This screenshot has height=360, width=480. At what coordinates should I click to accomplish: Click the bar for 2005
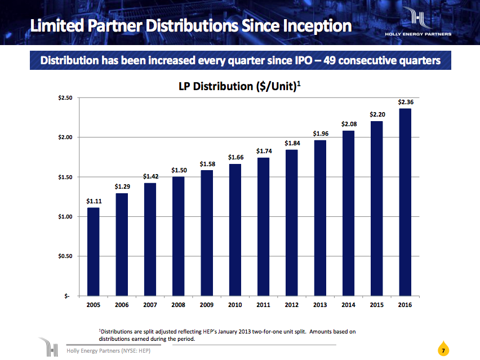(94, 252)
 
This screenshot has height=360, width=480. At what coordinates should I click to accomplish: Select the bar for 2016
(405, 202)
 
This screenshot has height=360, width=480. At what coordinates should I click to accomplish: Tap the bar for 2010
(235, 230)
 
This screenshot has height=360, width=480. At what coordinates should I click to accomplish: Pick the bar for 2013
(319, 218)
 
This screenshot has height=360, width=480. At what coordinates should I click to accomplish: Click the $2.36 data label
(406, 102)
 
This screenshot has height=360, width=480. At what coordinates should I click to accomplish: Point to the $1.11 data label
(94, 201)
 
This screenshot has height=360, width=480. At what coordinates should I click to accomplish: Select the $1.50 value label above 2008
(179, 170)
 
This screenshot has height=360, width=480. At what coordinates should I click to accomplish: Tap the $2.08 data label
(349, 124)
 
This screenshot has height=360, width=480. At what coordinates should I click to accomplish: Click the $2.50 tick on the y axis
(65, 98)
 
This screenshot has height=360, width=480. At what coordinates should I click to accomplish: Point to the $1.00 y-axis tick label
(65, 217)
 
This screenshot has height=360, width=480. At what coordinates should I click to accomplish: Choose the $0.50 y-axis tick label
(65, 256)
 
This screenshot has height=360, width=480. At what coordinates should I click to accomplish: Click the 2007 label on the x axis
(150, 305)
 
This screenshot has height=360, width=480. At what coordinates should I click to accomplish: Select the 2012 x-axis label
(291, 305)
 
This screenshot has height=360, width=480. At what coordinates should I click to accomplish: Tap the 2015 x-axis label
(376, 305)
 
